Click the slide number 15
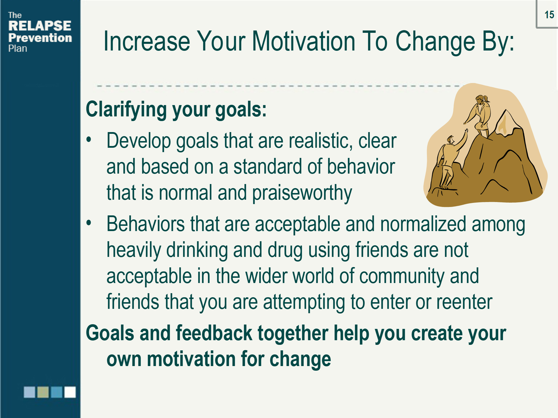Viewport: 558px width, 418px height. pyautogui.click(x=549, y=15)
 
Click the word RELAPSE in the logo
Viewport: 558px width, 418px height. pyautogui.click(x=40, y=26)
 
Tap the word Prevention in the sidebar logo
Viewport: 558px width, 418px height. pyautogui.click(x=40, y=38)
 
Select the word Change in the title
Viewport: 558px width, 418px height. pyautogui.click(x=435, y=42)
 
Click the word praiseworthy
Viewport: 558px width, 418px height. pyautogui.click(x=302, y=193)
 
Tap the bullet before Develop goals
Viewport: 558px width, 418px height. pyautogui.click(x=89, y=140)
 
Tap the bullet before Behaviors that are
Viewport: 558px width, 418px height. pyautogui.click(x=89, y=223)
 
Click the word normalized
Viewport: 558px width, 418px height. pyautogui.click(x=423, y=224)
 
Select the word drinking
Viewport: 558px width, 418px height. pyautogui.click(x=197, y=250)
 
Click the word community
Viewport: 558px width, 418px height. pyautogui.click(x=402, y=276)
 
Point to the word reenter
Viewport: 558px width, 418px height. pyautogui.click(x=464, y=302)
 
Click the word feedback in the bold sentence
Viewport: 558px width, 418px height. pyautogui.click(x=214, y=333)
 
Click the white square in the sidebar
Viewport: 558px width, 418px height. pyautogui.click(x=70, y=392)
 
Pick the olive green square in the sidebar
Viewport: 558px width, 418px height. pyautogui.click(x=43, y=392)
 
